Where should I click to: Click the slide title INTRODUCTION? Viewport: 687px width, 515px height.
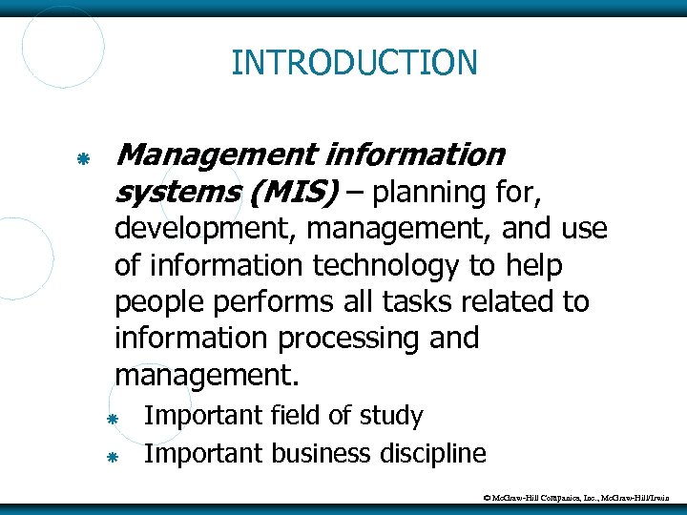(x=354, y=63)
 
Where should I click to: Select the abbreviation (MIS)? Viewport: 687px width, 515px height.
(x=294, y=194)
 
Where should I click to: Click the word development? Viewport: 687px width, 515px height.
(x=199, y=231)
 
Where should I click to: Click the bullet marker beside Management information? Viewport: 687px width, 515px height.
(x=83, y=155)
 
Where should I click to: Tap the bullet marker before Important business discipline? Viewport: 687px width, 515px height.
(x=111, y=457)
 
